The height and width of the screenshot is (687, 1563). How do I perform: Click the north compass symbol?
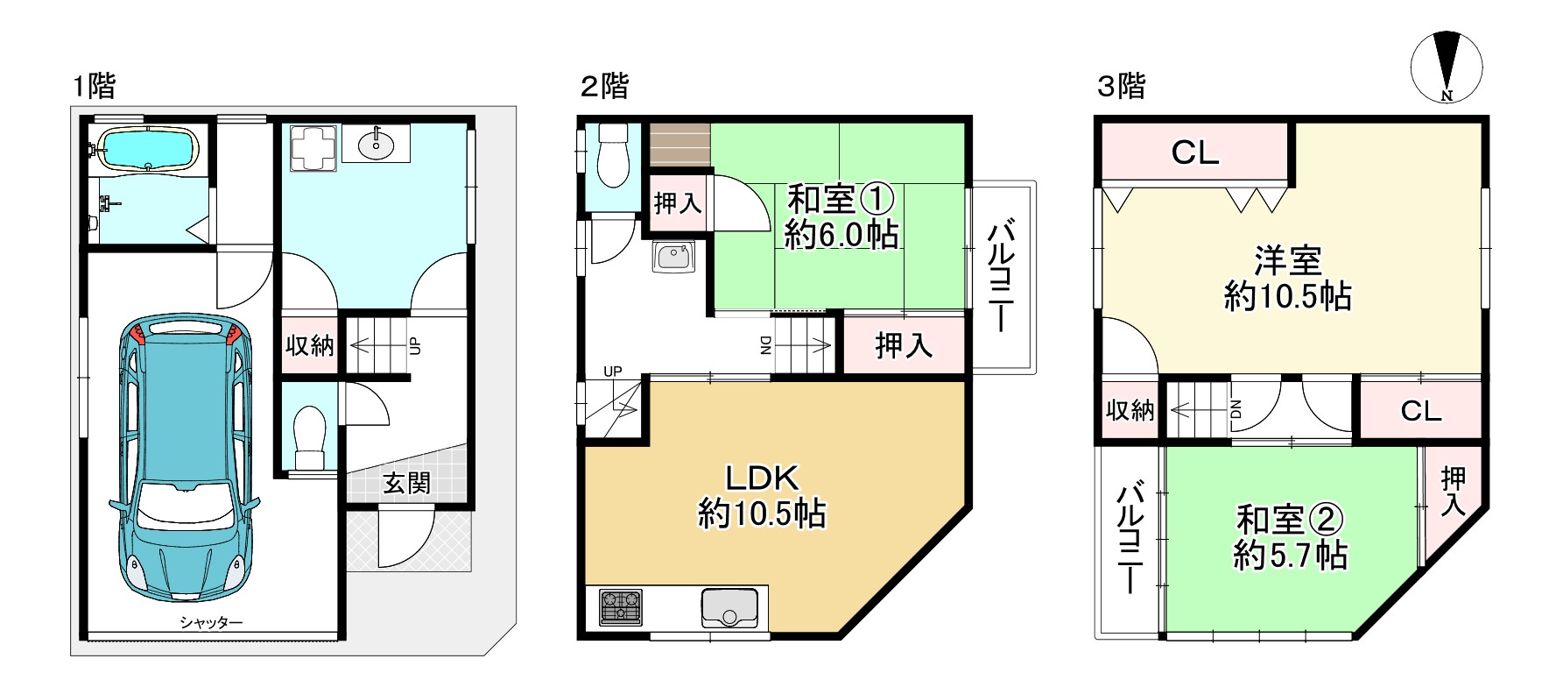coord(1447,67)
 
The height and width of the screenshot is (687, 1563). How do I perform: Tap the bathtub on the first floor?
coord(146,149)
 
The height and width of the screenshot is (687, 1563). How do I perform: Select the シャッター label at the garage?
coord(211,622)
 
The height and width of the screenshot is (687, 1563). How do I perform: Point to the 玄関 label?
coord(407,483)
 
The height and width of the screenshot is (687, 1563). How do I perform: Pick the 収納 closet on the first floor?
coord(310,345)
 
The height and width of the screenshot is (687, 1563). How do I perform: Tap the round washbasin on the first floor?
coord(377,145)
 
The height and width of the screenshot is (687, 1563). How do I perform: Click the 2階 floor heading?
coord(605,86)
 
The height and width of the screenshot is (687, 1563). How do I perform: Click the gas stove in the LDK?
coord(620,606)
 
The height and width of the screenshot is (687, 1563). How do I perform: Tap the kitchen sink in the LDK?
coord(729,606)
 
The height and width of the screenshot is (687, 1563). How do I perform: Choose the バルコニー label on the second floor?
coord(1001,276)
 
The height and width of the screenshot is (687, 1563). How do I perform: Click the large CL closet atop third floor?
coord(1194,152)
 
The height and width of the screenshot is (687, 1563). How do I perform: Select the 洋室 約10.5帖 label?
coord(1287,279)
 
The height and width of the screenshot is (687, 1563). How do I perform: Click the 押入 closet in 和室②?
coord(1453,491)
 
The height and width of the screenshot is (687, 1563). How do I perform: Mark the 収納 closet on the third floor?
coord(1130,409)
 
